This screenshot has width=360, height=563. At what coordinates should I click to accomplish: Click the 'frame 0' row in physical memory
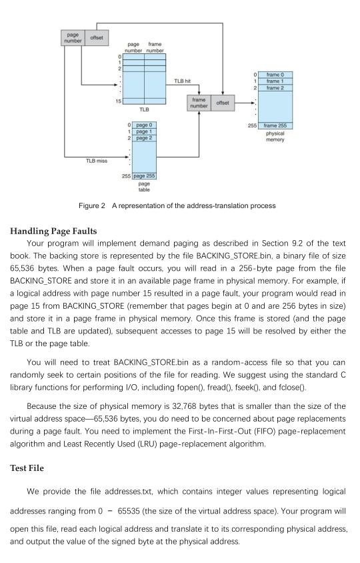[x=275, y=74]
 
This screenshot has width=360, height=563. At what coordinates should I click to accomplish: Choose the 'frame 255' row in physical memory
[x=275, y=125]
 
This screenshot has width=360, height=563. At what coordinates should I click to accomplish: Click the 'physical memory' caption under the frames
[x=275, y=136]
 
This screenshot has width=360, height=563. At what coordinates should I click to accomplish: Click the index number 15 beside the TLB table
[x=118, y=100]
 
